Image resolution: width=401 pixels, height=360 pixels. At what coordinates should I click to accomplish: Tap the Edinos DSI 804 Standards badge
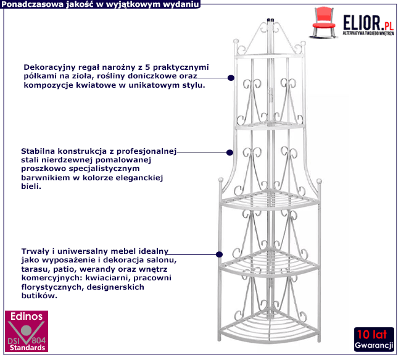tap(25, 332)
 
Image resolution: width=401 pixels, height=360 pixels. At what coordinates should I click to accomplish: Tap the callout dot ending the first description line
tap(230, 78)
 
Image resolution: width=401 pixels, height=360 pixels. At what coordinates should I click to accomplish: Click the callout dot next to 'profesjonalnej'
tap(229, 152)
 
